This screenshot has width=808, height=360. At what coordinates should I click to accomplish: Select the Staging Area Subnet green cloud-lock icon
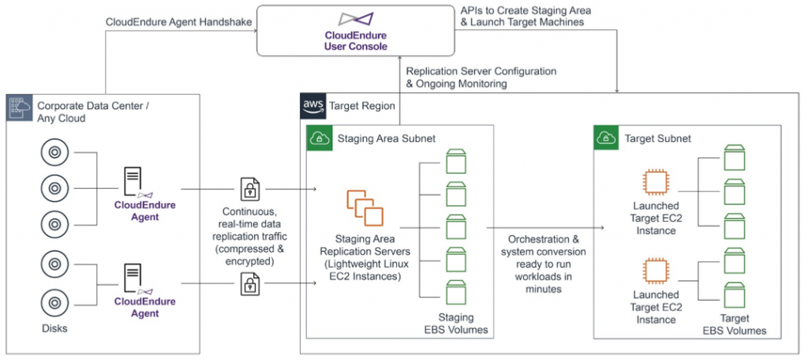(319, 138)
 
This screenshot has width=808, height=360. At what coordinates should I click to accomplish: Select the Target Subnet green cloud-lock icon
(606, 138)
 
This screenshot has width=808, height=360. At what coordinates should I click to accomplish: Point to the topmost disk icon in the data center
(54, 152)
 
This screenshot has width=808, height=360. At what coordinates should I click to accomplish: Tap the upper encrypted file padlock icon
(250, 189)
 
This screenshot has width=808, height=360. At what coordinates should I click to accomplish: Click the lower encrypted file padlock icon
(250, 283)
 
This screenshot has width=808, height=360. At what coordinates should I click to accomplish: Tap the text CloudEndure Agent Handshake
(178, 22)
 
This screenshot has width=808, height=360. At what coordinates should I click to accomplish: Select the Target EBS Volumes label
(735, 324)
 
